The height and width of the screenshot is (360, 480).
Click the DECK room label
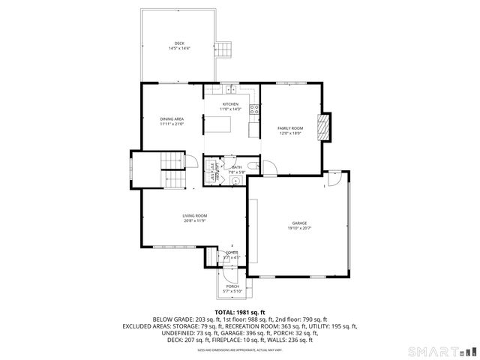(x=179, y=43)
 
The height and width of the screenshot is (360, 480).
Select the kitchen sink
(x=230, y=90)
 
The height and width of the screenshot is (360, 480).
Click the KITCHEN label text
(x=229, y=104)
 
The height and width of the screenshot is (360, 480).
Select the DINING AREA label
(x=172, y=118)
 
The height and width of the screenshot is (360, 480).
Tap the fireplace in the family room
(x=324, y=127)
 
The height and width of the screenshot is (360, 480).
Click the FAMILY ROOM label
(x=289, y=128)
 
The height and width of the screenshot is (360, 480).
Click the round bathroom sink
(x=234, y=179)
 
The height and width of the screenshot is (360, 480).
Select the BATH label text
(x=236, y=167)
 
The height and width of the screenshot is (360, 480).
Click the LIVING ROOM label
(x=194, y=216)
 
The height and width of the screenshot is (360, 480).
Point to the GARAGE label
(x=298, y=223)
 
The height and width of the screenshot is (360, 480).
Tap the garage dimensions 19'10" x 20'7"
(x=298, y=228)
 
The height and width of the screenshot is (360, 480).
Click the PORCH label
(x=232, y=286)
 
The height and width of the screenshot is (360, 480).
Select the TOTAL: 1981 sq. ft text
(x=239, y=311)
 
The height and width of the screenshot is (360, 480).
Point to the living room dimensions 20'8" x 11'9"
(x=194, y=221)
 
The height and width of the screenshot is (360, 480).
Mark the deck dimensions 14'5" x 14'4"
(x=179, y=49)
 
